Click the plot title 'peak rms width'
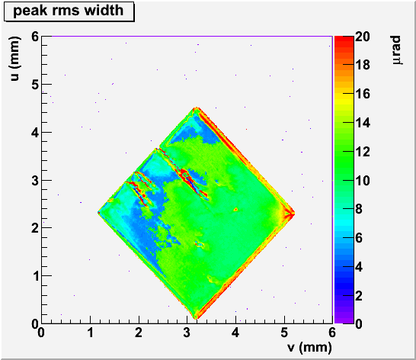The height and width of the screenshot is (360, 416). (68, 11)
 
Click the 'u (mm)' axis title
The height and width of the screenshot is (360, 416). (15, 59)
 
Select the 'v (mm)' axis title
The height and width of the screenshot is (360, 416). (309, 347)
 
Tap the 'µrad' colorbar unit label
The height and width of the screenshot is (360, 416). (397, 50)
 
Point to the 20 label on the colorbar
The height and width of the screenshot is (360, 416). (363, 37)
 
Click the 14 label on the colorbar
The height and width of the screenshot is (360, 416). (363, 123)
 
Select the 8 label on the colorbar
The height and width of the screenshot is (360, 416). (359, 209)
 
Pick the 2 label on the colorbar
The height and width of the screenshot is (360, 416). (359, 295)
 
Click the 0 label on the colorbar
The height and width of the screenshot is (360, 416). (359, 324)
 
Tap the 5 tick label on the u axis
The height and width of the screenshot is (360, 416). (35, 85)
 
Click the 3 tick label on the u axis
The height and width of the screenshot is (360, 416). (35, 181)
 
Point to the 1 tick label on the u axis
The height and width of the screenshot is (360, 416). (35, 276)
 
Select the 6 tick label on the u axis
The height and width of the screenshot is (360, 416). (35, 37)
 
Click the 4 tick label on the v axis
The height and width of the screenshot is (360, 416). (235, 333)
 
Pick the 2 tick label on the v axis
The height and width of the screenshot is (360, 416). (139, 333)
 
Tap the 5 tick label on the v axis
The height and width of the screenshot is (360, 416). (284, 333)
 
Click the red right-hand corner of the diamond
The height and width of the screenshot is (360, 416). (294, 213)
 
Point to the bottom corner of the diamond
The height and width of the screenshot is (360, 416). (196, 318)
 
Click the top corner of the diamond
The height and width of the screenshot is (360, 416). (197, 108)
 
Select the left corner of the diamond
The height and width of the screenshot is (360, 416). (98, 213)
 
